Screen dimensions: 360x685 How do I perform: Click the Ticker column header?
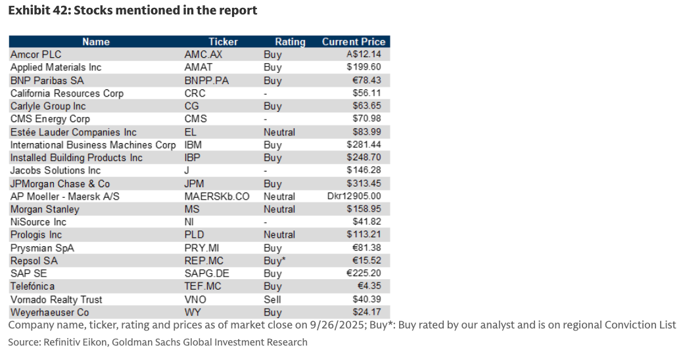(x=223, y=41)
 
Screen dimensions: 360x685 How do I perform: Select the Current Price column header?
(x=354, y=41)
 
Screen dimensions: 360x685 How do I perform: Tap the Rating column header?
(x=290, y=41)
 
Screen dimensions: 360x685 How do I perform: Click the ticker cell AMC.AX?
(x=203, y=55)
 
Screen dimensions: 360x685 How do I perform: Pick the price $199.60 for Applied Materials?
(x=364, y=67)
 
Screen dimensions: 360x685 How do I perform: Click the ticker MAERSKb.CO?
(x=217, y=196)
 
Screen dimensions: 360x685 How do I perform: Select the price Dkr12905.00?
(x=354, y=196)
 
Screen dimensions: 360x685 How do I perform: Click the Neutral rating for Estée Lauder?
(x=279, y=132)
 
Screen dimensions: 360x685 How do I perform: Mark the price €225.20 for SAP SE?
(x=364, y=274)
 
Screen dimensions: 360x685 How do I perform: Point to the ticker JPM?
(x=196, y=184)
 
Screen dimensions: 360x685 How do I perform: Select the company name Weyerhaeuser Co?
(x=50, y=313)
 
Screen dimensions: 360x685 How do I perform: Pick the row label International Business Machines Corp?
(x=93, y=145)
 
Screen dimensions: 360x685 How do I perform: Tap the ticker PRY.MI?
(x=201, y=248)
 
